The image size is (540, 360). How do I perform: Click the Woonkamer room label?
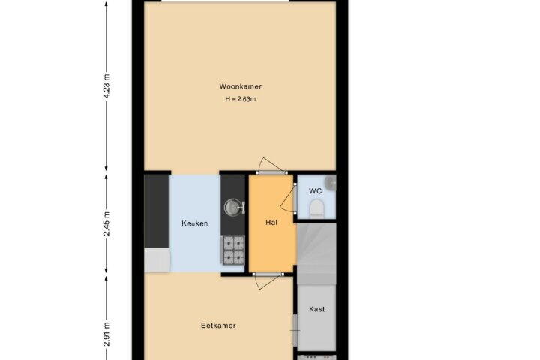(241, 86)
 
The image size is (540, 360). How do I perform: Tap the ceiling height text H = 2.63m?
(241, 99)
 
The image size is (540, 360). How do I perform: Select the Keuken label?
(194, 223)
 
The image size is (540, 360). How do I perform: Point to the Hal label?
(271, 223)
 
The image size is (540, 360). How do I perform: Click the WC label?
(316, 191)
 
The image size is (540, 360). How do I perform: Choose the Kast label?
(316, 309)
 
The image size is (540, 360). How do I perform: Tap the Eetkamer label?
(218, 325)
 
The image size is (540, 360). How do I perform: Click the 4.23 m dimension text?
(107, 86)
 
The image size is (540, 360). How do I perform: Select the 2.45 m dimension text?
(107, 223)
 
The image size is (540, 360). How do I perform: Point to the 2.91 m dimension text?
(107, 334)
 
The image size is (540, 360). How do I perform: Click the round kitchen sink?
(232, 208)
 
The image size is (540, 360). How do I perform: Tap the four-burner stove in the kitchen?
(233, 250)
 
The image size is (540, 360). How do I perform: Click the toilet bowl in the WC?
(316, 209)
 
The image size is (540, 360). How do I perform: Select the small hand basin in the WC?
(331, 182)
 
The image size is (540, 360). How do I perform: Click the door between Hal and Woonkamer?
(271, 166)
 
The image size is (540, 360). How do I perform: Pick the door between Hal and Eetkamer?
(268, 280)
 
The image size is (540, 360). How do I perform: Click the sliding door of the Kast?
(295, 330)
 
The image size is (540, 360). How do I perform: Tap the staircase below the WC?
(316, 254)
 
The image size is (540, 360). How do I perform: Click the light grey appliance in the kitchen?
(157, 259)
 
